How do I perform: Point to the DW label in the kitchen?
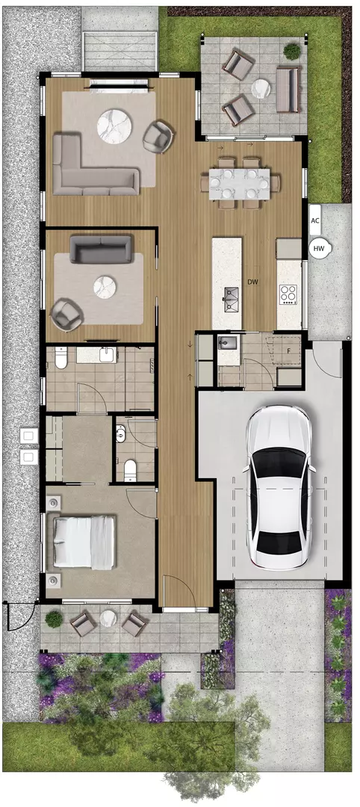252,281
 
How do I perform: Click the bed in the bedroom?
84,542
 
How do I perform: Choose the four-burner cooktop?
288,294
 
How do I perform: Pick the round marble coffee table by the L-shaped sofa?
115,125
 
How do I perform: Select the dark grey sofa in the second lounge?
101,249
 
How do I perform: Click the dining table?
238,183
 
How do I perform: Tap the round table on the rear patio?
261,88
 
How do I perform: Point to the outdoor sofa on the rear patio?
288,90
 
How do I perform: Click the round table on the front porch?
108,618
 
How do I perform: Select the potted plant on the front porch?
54,619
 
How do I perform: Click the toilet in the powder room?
130,469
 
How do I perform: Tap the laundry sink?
227,342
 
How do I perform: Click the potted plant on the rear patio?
292,51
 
